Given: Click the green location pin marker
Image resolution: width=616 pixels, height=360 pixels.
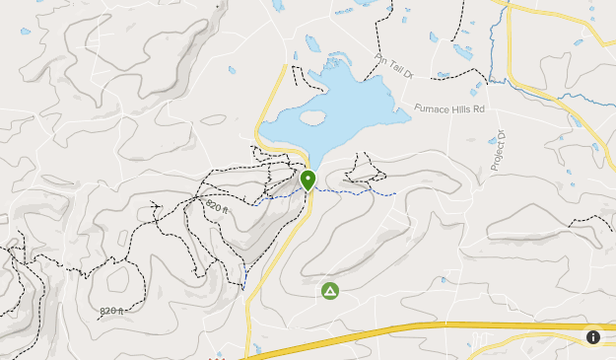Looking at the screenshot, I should coord(308,180).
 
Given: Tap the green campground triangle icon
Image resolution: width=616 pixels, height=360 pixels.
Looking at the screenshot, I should coord(329,291).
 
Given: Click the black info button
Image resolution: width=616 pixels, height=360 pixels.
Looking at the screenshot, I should coord(593,336).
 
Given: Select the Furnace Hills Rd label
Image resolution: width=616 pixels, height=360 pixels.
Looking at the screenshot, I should coord(450,108).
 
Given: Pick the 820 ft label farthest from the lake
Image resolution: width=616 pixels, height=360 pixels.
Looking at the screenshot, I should coord(111,311).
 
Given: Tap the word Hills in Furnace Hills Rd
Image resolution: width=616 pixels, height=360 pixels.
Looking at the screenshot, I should coord(464,108).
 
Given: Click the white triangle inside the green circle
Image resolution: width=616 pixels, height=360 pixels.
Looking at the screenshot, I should coord(329,291).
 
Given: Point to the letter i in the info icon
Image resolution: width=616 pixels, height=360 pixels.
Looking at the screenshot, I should coord(593,336).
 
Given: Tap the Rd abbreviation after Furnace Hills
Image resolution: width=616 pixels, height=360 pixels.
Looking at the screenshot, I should coord(480,108).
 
